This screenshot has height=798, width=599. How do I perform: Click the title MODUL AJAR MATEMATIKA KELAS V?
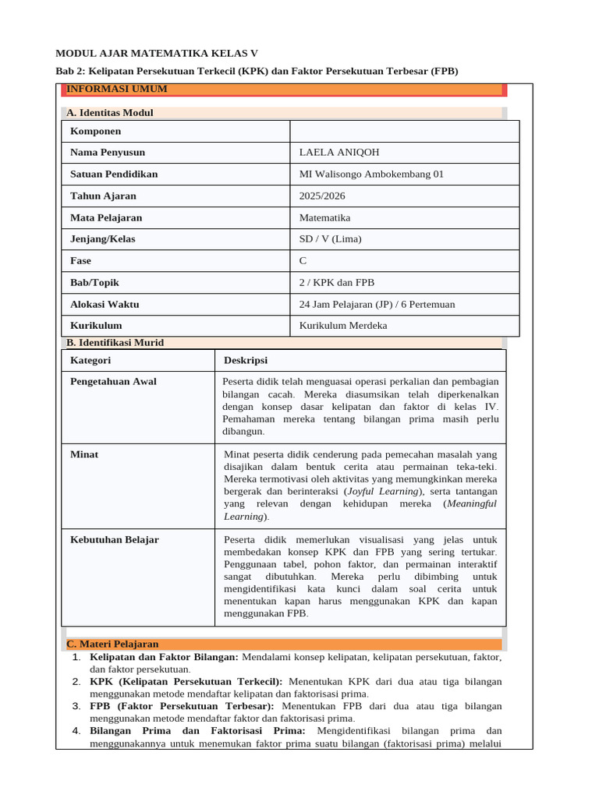pyautogui.click(x=156, y=53)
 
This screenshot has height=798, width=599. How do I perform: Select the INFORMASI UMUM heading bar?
pyautogui.click(x=117, y=90)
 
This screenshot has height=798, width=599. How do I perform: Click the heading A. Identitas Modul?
pyautogui.click(x=110, y=113)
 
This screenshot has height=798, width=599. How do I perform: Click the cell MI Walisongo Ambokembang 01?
pyautogui.click(x=371, y=175)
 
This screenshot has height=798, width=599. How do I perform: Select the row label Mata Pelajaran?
pyautogui.click(x=106, y=218)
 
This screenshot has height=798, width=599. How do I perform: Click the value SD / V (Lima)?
pyautogui.click(x=330, y=239)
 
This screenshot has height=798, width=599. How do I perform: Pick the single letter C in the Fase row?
pyautogui.click(x=303, y=261)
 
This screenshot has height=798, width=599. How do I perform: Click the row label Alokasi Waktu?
pyautogui.click(x=105, y=305)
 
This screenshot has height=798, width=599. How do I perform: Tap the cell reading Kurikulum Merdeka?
pyautogui.click(x=343, y=326)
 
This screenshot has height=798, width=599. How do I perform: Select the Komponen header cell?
pyautogui.click(x=95, y=132)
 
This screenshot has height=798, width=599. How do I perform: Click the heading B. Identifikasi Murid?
pyautogui.click(x=115, y=343)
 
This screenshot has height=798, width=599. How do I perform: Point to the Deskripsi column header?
pyautogui.click(x=246, y=361)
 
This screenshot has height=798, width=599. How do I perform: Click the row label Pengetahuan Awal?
pyautogui.click(x=113, y=382)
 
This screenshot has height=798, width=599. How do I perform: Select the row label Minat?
pyautogui.click(x=84, y=454)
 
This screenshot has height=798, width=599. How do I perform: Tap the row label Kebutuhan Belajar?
pyautogui.click(x=115, y=539)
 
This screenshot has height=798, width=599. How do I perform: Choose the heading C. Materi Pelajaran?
pyautogui.click(x=112, y=644)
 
